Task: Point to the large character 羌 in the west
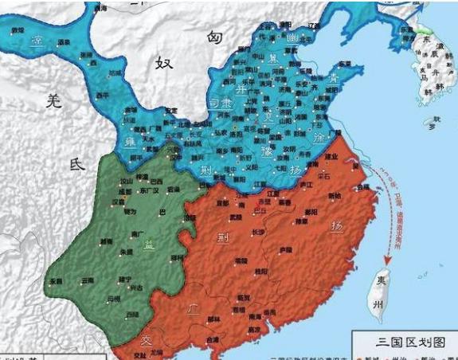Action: [53, 101]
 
